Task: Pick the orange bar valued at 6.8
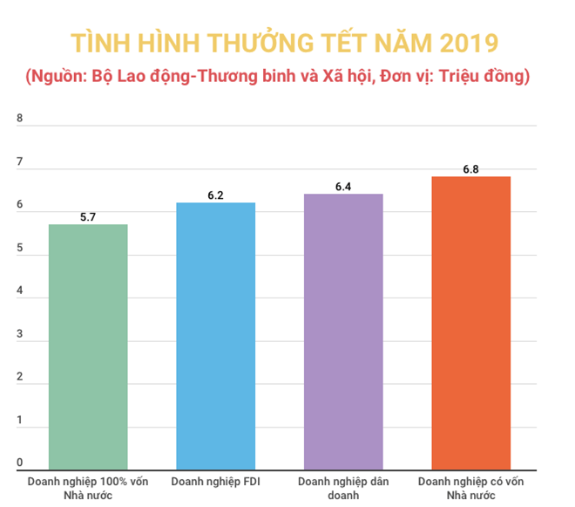(471, 324)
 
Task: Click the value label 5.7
(88, 216)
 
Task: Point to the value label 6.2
(215, 194)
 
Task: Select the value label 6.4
(343, 185)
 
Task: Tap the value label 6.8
(471, 168)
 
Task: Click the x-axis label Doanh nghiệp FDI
(215, 482)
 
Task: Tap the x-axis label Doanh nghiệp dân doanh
(343, 488)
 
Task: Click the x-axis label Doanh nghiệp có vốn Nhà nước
(471, 488)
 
